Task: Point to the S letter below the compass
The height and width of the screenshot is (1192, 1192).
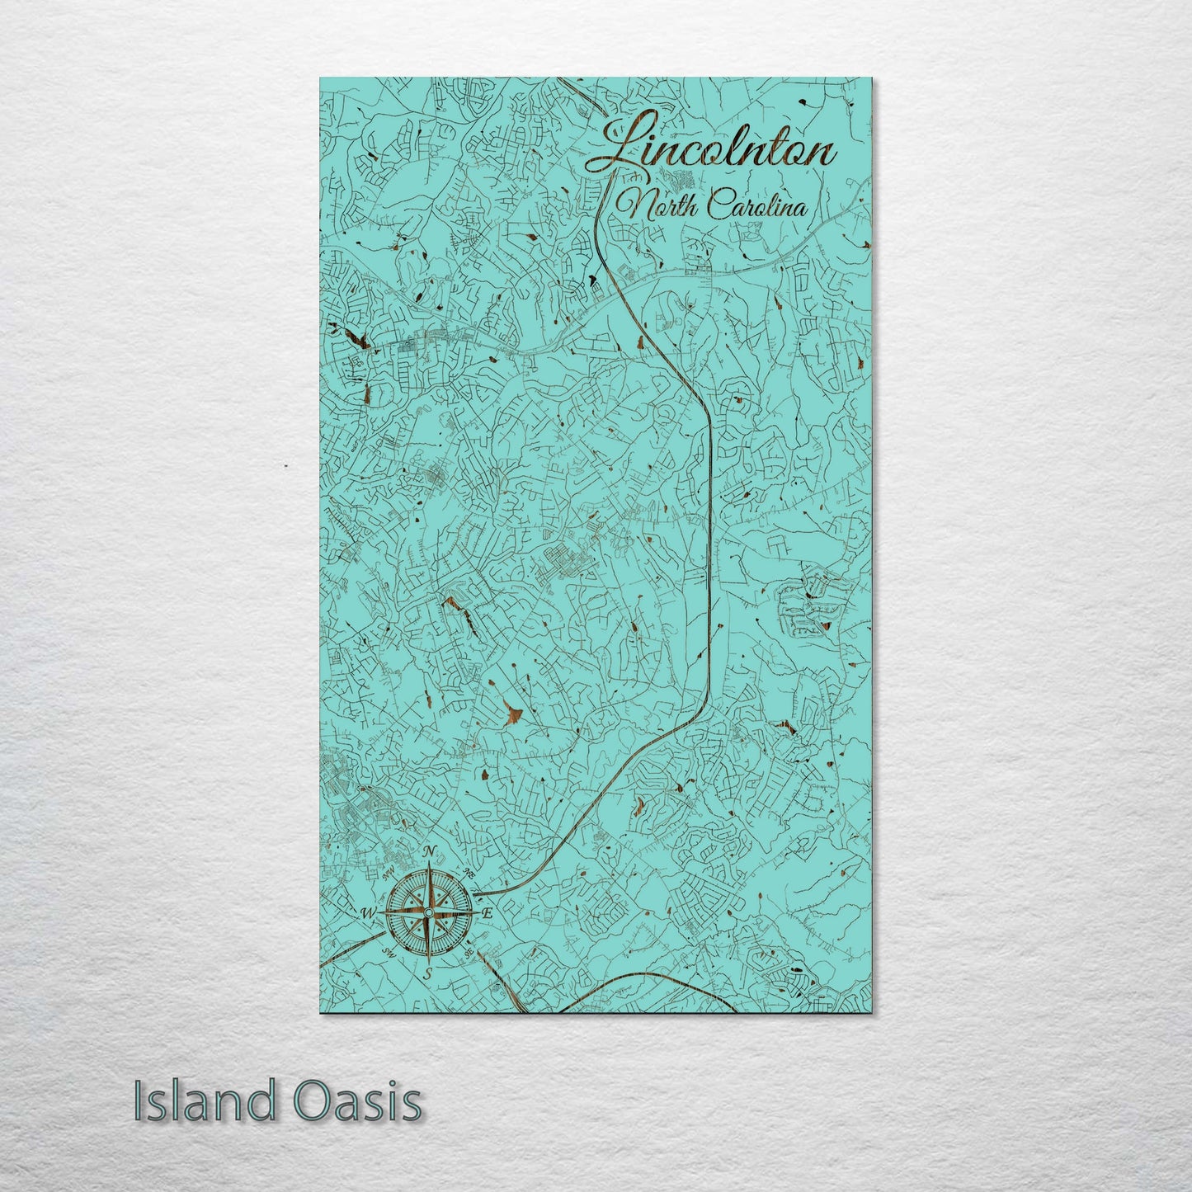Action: coord(428,974)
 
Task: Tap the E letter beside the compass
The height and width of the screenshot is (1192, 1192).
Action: coord(488,913)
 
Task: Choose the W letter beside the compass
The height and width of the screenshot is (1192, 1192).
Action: coord(368,913)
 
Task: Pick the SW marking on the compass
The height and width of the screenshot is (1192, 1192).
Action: coord(388,952)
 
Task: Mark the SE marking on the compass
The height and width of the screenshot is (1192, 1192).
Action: coord(468,953)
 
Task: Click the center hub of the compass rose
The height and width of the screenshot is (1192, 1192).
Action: coord(428,912)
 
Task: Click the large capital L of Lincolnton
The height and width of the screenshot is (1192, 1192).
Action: coord(619,147)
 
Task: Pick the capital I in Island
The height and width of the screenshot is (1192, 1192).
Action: coord(139,1102)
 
